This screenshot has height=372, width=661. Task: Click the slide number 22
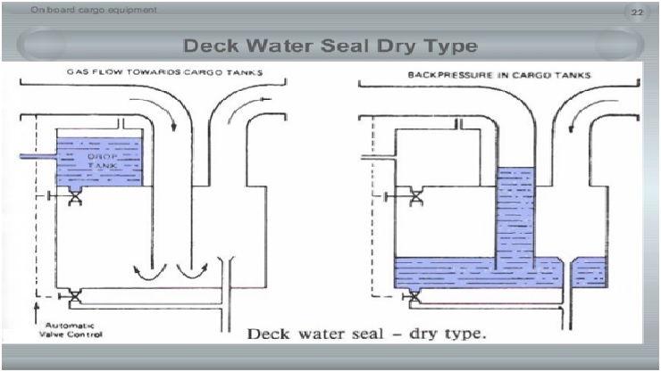point(637,12)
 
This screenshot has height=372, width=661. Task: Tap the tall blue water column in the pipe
point(515,214)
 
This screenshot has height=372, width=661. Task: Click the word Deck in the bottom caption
point(266,335)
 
